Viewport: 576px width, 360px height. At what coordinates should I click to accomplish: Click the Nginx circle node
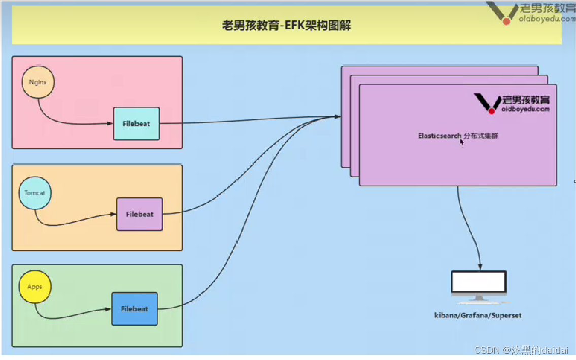point(38,82)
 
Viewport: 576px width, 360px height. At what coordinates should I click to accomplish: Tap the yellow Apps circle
point(35,287)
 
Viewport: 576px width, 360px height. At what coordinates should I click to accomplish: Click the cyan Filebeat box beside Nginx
point(136,123)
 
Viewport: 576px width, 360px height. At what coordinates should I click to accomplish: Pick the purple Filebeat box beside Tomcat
point(140,214)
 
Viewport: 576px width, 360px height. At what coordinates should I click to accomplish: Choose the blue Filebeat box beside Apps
point(134,309)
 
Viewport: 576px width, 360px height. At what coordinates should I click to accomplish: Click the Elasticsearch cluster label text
point(462,136)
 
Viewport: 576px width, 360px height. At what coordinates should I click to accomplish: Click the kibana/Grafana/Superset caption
point(478,315)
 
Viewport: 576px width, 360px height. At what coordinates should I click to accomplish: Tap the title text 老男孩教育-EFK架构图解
point(287,25)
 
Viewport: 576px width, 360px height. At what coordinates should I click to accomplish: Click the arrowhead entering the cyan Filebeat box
point(110,124)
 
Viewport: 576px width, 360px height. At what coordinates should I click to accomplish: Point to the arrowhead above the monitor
point(480,268)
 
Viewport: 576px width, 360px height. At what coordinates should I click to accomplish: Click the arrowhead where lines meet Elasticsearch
point(337,117)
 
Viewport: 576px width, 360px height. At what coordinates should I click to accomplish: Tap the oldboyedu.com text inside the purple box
point(525,109)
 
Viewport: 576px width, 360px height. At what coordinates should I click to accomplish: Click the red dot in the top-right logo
point(506,21)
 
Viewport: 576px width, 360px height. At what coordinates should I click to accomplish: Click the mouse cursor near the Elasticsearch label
point(462,143)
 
